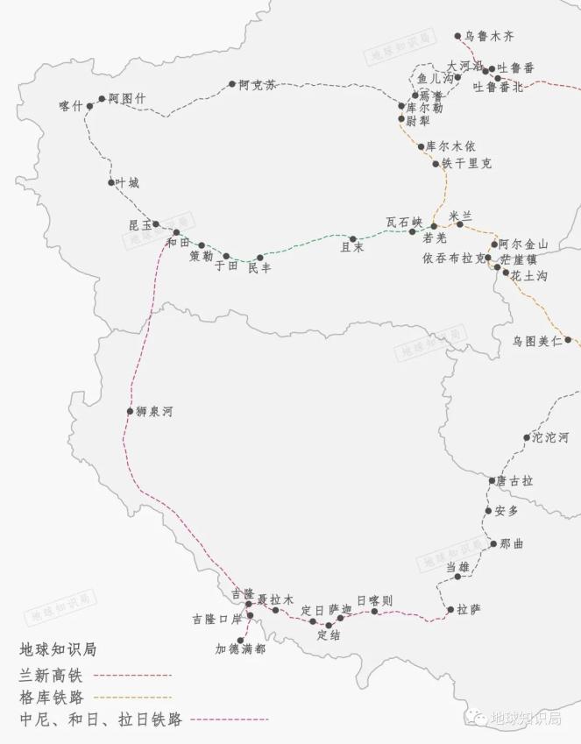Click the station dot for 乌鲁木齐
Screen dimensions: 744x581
click(457, 36)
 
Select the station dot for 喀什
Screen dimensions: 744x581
click(89, 106)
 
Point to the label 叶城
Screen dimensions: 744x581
click(127, 183)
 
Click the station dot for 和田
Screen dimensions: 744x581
click(176, 232)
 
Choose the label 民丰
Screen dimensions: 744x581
click(259, 268)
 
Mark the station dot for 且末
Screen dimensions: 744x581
click(353, 238)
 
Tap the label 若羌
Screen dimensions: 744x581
click(435, 237)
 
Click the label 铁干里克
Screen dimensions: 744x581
click(466, 164)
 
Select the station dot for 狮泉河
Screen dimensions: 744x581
click(130, 411)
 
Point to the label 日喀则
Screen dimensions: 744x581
click(374, 600)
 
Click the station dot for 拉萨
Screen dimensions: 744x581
click(450, 609)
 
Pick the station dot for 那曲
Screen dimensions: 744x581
click(493, 544)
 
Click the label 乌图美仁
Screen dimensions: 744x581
click(537, 341)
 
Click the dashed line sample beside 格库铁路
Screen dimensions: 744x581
click(131, 698)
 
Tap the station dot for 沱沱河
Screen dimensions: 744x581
click(527, 437)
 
